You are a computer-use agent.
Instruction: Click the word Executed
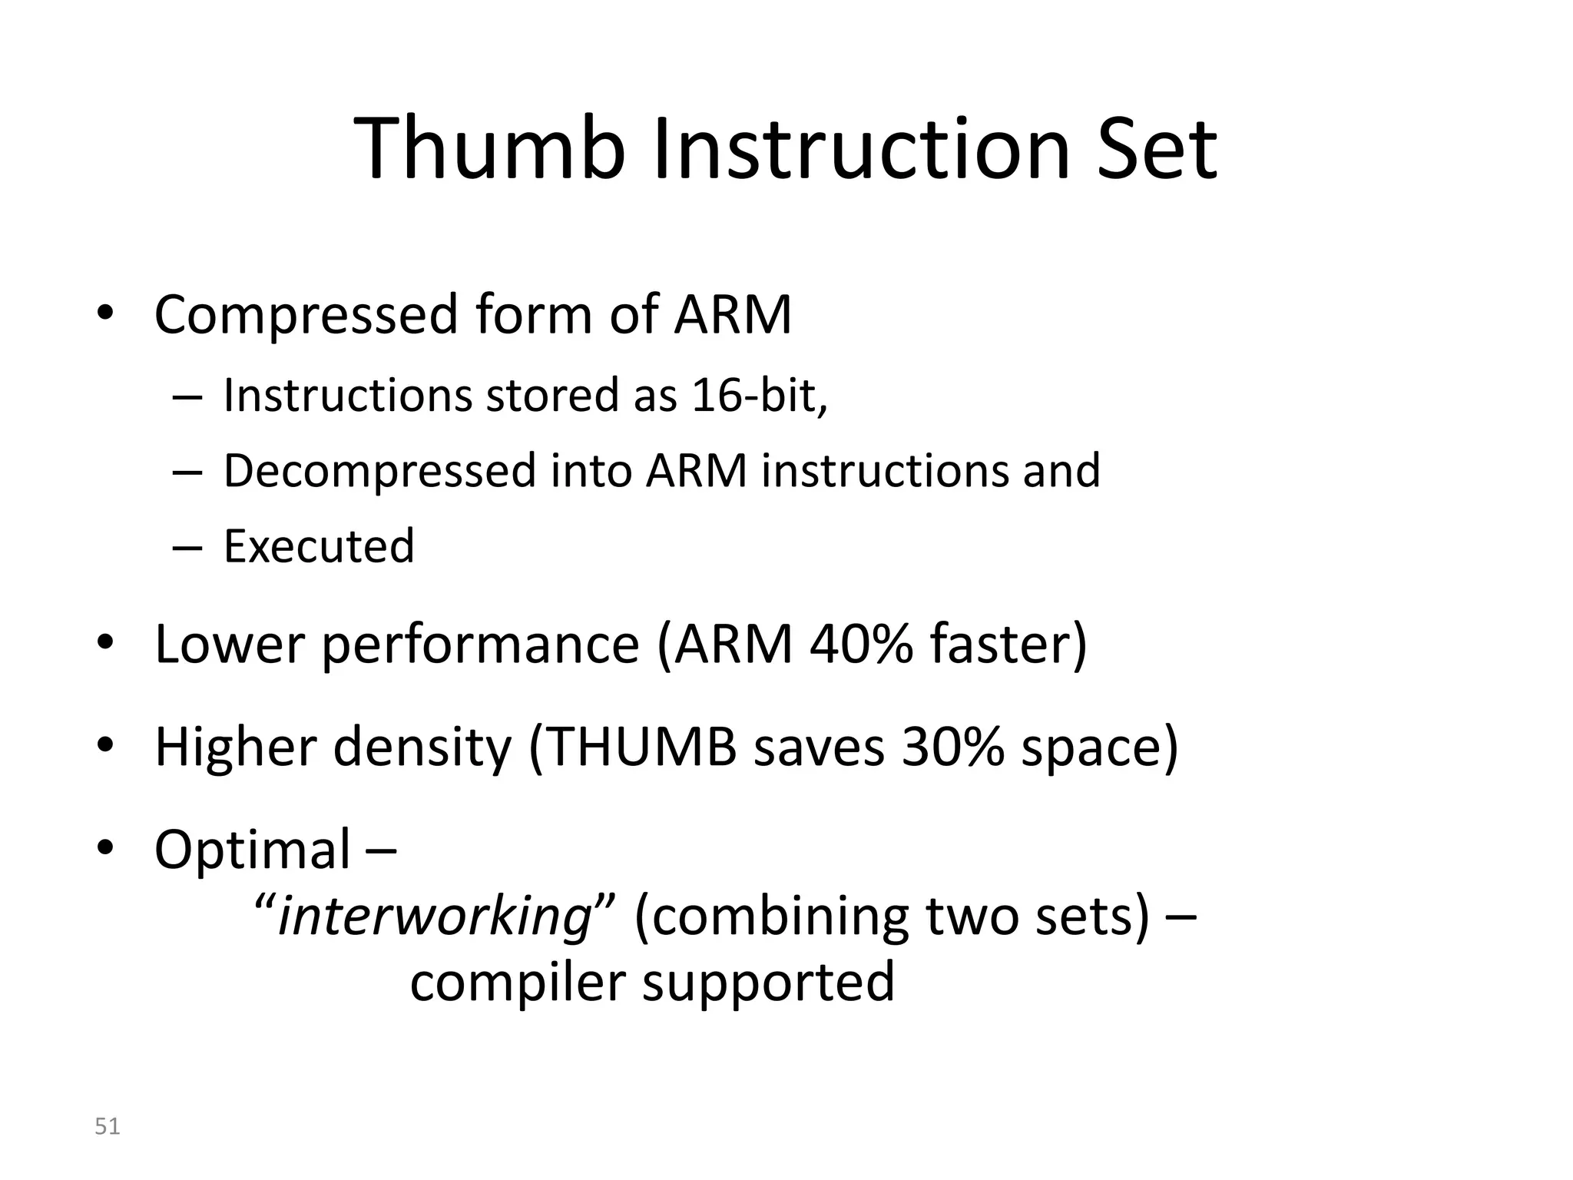(319, 545)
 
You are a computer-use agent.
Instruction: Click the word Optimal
(252, 850)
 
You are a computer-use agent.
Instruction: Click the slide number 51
(107, 1126)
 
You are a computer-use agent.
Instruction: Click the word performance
(480, 645)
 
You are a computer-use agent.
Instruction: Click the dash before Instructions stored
(187, 397)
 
